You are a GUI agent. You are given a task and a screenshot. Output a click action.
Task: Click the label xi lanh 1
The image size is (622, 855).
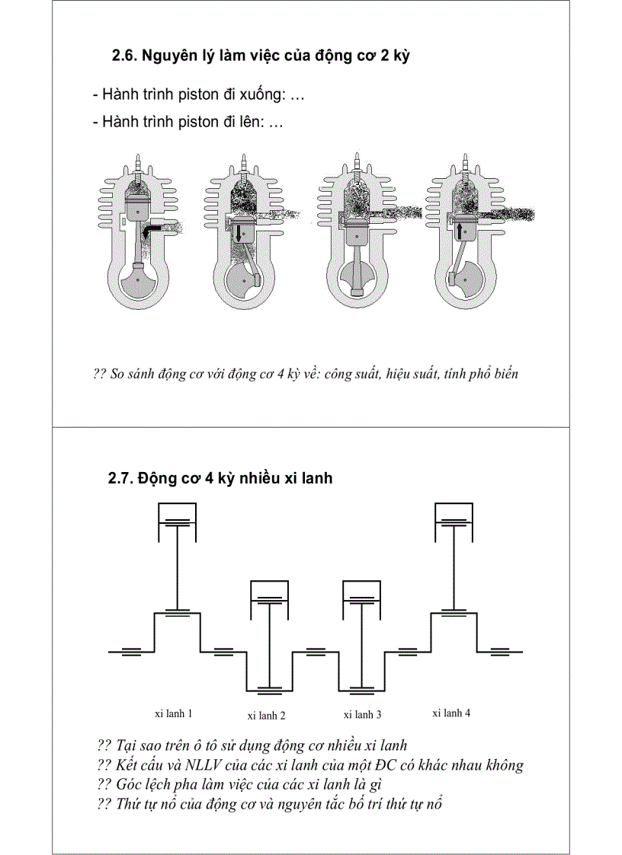point(174,714)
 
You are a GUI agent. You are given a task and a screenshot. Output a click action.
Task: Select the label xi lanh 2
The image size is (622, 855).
point(267,716)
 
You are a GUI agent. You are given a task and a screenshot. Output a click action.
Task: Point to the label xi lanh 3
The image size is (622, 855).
point(363,714)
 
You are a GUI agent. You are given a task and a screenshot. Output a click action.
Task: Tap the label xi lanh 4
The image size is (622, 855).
point(451,713)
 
